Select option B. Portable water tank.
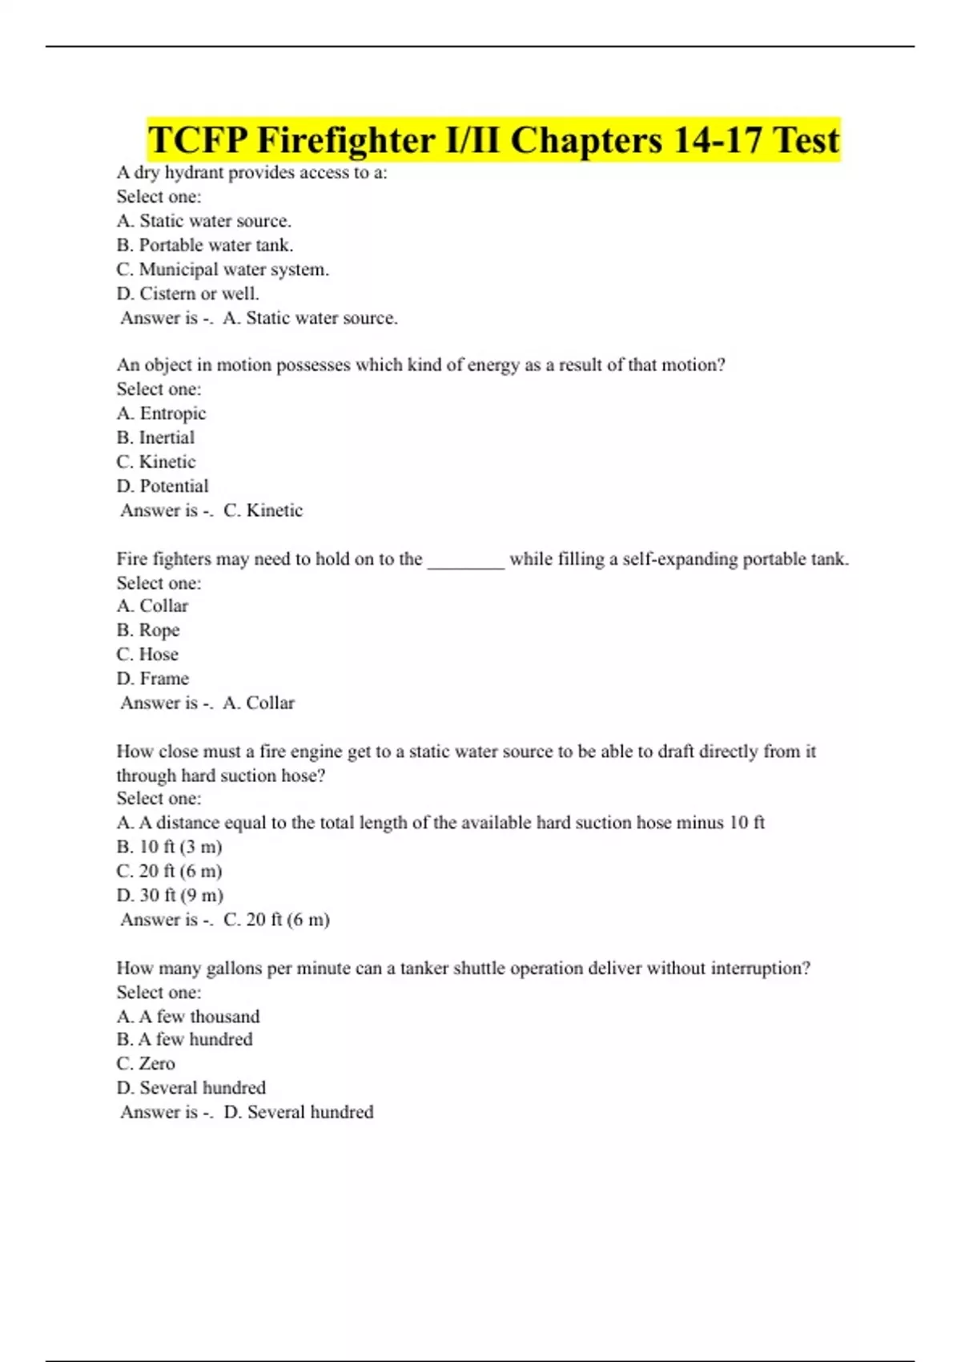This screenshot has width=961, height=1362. [x=205, y=245]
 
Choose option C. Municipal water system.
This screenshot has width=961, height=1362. [x=223, y=269]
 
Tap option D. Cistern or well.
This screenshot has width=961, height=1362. [x=187, y=293]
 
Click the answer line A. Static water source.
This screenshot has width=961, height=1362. [x=309, y=318]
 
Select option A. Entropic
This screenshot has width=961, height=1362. [x=161, y=413]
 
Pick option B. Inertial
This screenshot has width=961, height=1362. [x=155, y=437]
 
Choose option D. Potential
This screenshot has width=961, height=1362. [x=162, y=486]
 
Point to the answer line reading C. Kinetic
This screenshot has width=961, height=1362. [x=263, y=510]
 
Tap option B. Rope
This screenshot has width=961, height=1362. [x=148, y=631]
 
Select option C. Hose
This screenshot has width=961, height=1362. [x=147, y=655]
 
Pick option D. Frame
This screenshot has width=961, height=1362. [x=152, y=679]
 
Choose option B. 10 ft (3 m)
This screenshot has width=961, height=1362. [x=169, y=847]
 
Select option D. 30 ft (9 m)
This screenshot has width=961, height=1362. [x=170, y=895]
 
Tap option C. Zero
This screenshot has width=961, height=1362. [x=146, y=1064]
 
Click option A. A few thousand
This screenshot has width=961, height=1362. [x=188, y=1017]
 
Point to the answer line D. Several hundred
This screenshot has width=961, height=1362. [x=298, y=1112]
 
